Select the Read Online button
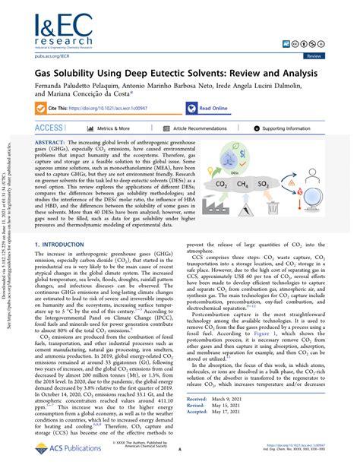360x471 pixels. [x=212, y=109]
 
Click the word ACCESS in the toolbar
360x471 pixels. [x=49, y=129]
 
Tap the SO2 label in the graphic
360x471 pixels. [x=286, y=185]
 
